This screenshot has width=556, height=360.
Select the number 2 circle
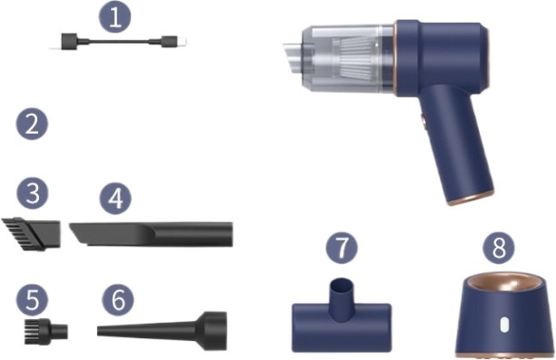coord(32,125)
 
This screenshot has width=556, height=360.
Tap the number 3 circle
coord(32,194)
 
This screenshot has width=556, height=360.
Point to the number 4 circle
coord(115,196)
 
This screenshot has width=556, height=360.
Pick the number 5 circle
coord(32,297)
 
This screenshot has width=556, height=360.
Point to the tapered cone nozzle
coord(164,326)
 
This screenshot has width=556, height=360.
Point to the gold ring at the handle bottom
coord(472,197)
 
